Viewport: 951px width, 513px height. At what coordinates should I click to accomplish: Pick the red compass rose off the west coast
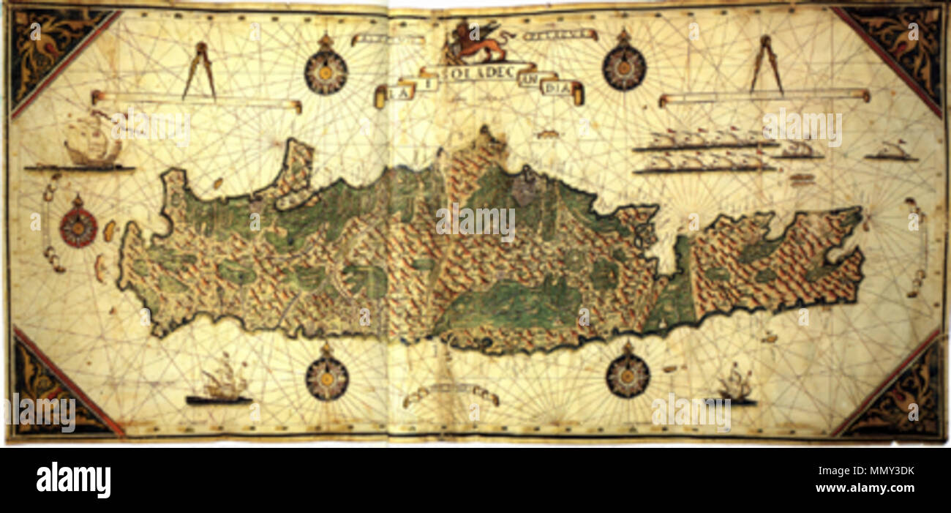pos(78,225)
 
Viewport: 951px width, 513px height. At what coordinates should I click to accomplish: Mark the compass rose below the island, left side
pos(326,378)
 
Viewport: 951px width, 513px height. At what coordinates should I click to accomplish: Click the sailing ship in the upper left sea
pos(91,146)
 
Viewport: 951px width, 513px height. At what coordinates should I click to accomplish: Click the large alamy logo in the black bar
pos(73,480)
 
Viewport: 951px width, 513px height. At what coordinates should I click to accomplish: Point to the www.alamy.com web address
pos(866,488)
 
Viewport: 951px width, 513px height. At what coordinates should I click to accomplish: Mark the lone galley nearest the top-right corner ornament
pos(890,152)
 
